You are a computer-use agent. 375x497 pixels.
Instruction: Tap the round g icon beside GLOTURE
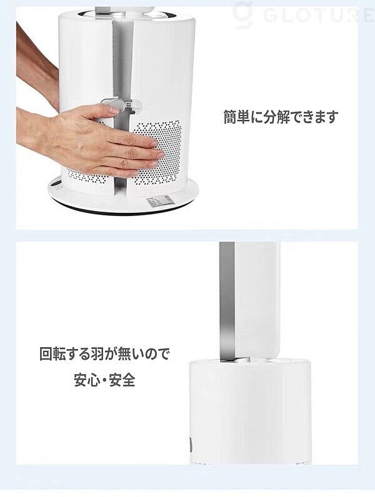click(x=243, y=14)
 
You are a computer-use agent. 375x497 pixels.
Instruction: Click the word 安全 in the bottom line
click(x=122, y=380)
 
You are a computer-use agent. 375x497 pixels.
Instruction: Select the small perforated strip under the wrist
click(x=84, y=177)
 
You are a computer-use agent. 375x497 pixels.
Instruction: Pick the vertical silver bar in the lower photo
click(x=227, y=301)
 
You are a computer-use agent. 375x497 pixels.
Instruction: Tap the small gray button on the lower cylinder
click(x=191, y=442)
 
